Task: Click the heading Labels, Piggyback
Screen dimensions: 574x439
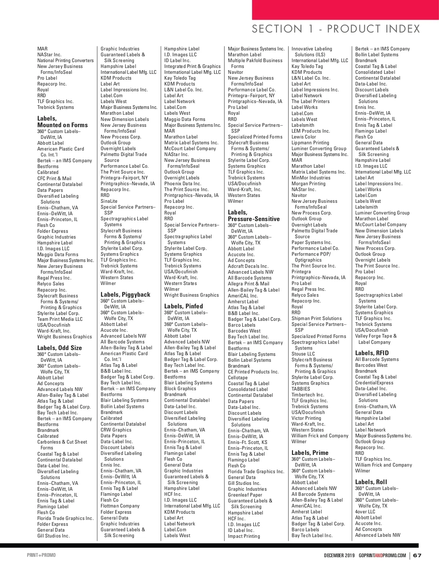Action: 125,294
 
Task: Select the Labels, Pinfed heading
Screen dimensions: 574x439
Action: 183,306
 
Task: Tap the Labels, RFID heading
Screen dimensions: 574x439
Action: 372,353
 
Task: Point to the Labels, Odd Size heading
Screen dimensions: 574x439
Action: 59,348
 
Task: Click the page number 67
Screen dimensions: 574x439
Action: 417,555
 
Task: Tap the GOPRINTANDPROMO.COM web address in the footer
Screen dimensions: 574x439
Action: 382,555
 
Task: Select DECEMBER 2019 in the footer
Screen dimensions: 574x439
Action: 339,555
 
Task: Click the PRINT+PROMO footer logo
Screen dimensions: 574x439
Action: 41,555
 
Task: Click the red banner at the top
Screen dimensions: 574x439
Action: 345,10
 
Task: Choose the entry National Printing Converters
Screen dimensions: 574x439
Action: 65,61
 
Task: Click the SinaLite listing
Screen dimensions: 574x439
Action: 109,201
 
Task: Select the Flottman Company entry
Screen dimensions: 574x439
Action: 120,506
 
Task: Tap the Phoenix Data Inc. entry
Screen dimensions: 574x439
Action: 183,184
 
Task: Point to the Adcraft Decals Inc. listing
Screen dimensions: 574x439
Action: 248,266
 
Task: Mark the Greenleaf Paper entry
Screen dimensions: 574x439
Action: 245,495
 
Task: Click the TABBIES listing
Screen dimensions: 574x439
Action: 301,389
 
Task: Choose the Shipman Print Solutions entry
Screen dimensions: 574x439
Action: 316,319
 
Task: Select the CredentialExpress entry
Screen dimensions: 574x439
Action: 374,383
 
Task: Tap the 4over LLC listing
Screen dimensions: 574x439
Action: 365,512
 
